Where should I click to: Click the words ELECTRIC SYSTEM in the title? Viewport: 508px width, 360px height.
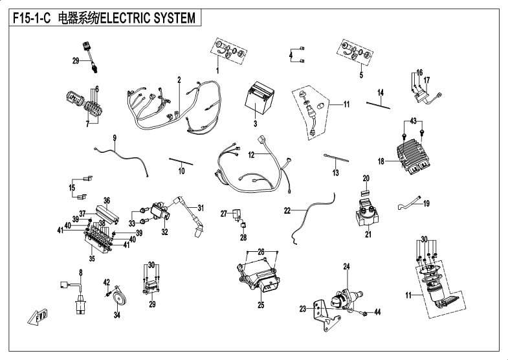click(148, 18)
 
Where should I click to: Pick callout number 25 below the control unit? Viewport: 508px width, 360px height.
click(261, 305)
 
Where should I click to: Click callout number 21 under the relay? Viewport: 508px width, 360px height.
click(368, 234)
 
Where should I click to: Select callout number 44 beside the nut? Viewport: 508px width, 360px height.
click(378, 312)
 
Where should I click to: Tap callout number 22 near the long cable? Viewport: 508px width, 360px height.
click(287, 210)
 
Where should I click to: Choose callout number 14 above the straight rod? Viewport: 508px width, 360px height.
click(381, 92)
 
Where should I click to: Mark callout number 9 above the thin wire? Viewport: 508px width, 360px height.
click(115, 138)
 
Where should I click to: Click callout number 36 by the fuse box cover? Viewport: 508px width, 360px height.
click(107, 200)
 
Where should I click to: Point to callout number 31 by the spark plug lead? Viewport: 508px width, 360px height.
click(201, 208)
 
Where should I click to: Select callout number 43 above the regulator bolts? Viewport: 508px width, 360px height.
click(414, 122)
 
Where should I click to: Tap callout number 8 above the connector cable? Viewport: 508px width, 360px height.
click(81, 273)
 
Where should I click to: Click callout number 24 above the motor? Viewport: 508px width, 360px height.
click(346, 266)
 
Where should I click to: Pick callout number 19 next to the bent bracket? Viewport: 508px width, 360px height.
click(426, 203)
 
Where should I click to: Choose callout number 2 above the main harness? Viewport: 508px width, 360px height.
click(178, 80)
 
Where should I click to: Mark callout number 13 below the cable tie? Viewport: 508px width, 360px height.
click(335, 173)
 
